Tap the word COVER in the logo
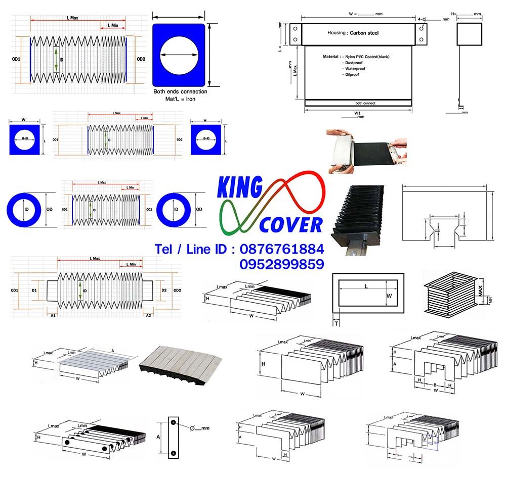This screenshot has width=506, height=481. [291, 224]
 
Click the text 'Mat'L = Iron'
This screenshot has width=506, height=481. [180, 99]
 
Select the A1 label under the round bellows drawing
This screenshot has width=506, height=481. [53, 315]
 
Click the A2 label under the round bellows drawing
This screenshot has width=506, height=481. [148, 315]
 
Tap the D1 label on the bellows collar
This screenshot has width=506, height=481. [34, 291]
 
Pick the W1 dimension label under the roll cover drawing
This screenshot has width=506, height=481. [357, 113]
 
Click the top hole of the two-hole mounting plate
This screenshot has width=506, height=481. [173, 422]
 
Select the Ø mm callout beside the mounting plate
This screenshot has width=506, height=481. [199, 428]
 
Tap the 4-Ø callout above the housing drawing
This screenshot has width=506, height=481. [423, 19]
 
